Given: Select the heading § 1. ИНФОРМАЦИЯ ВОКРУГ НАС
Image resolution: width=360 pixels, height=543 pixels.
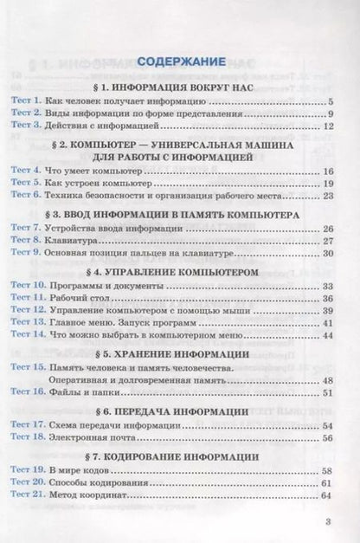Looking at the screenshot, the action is pos(181,86).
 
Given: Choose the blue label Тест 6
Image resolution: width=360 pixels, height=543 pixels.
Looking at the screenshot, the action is pos(29,196).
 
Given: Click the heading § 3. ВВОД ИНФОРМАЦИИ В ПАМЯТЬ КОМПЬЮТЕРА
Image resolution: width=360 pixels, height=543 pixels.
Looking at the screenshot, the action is pos(181,214).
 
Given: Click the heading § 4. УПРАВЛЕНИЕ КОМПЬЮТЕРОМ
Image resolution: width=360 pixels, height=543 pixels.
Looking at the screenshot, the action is pos(181,272).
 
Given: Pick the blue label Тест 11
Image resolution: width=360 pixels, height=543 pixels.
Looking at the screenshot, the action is pos(32,298).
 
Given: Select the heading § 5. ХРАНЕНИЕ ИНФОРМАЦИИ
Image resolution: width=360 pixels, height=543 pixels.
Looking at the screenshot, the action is pos(181,356).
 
